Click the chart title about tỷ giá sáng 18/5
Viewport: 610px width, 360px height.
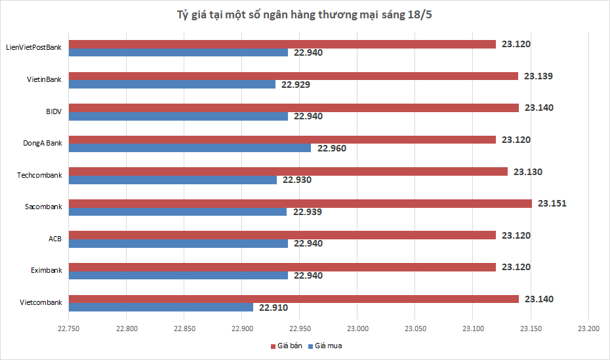(x=304, y=14)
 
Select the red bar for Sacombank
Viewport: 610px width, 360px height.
(x=300, y=203)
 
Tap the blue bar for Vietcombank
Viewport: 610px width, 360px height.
(x=161, y=307)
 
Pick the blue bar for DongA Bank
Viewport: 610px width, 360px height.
(x=190, y=148)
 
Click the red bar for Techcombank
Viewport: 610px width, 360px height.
(x=288, y=172)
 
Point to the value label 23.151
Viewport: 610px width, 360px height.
(x=552, y=203)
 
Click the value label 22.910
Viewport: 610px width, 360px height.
(x=274, y=307)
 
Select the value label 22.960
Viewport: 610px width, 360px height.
(x=331, y=148)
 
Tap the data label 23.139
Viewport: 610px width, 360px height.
(x=538, y=76)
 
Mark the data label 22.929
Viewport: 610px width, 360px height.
(x=296, y=85)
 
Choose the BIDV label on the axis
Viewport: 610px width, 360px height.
(x=54, y=111)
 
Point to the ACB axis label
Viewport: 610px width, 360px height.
(x=55, y=239)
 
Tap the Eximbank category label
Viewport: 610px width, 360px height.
(x=46, y=270)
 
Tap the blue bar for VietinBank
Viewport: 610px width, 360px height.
(x=172, y=84)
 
